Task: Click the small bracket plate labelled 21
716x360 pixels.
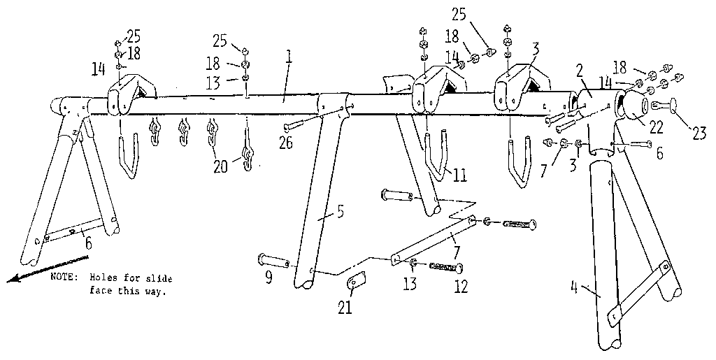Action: click(x=356, y=282)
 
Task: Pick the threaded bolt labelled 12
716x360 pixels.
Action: click(x=445, y=267)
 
